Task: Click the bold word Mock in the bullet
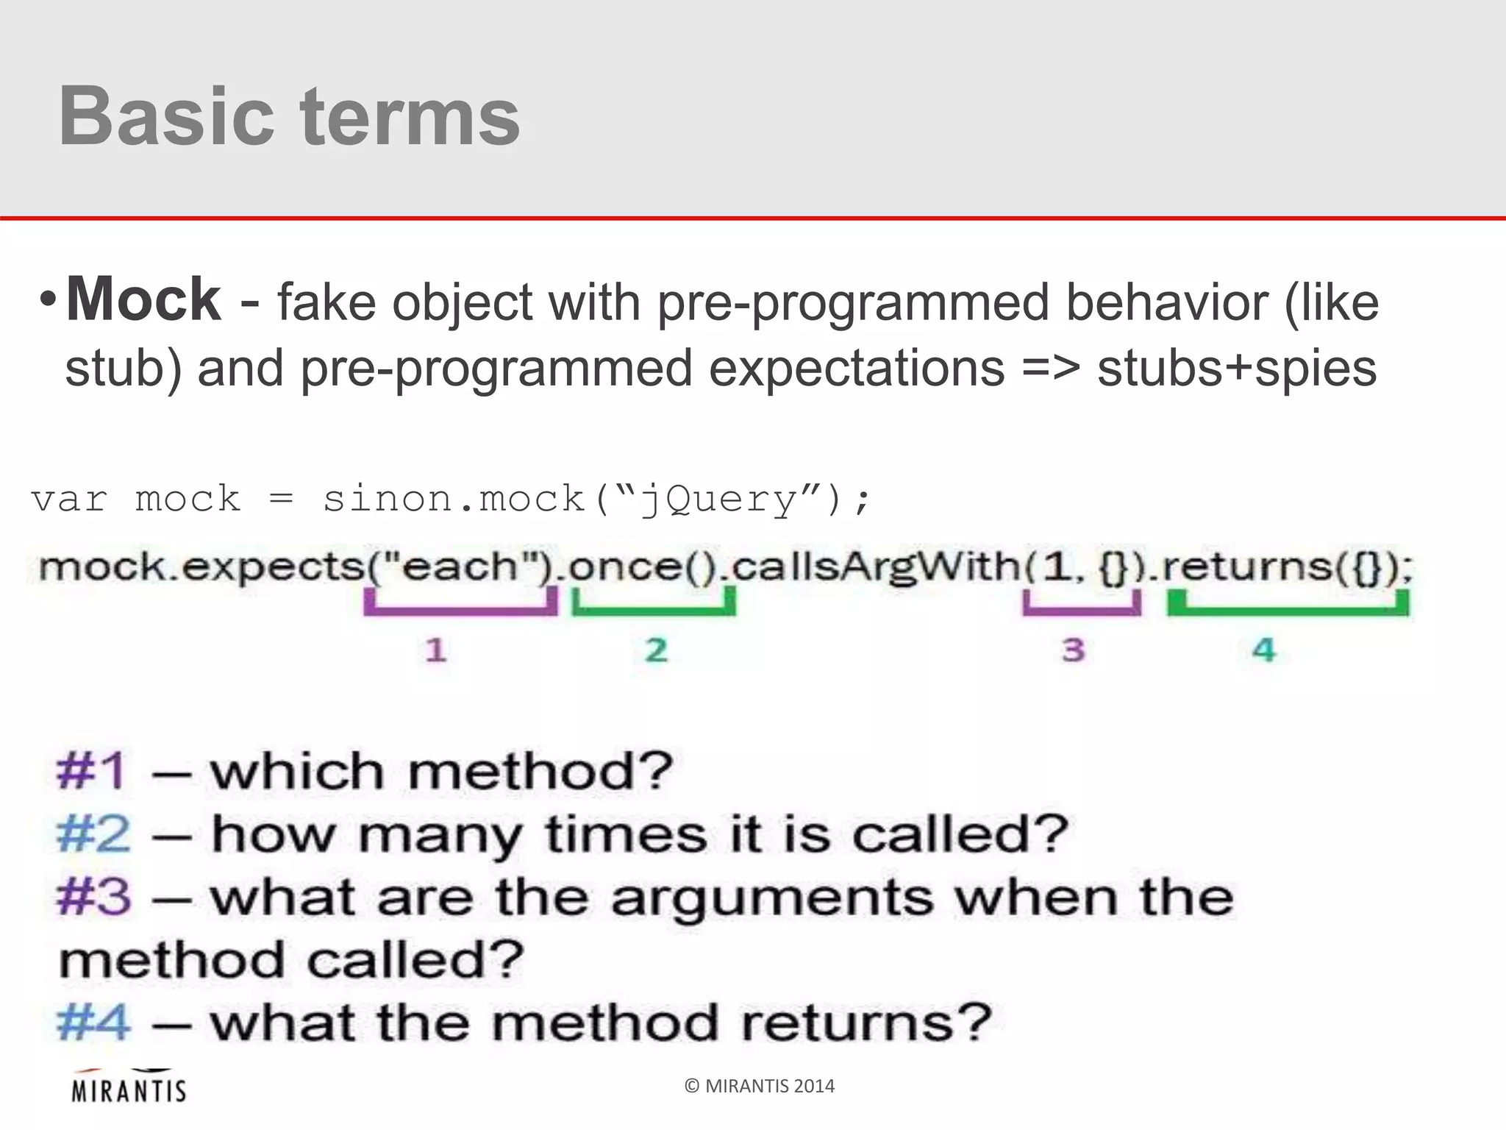coord(143,299)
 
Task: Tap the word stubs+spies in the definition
coord(1236,369)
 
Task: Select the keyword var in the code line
coord(69,500)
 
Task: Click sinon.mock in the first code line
coord(453,500)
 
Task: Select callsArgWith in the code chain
coord(875,567)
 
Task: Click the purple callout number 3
coord(1074,650)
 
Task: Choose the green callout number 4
coord(1264,650)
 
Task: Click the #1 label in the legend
coord(92,772)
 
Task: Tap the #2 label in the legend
coord(93,835)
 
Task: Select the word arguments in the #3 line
coord(772,900)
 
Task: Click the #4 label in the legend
coord(93,1023)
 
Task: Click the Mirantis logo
coord(129,1087)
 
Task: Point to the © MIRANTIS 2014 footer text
coord(760,1087)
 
